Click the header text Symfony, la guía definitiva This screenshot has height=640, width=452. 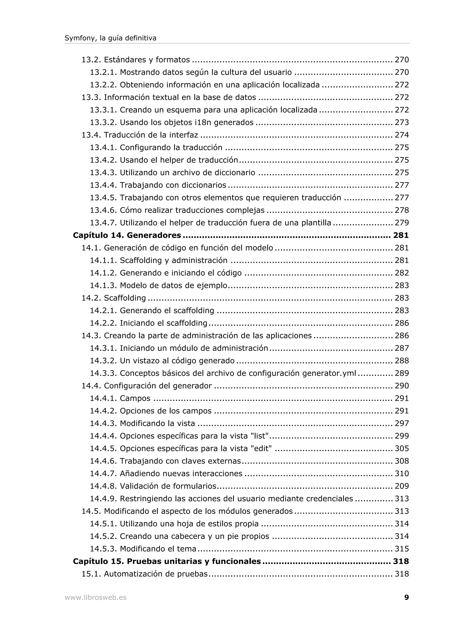pyautogui.click(x=110, y=38)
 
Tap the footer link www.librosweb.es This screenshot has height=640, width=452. pyautogui.click(x=95, y=597)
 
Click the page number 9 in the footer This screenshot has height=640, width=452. pyautogui.click(x=406, y=597)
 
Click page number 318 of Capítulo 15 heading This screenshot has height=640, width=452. pyautogui.click(x=401, y=561)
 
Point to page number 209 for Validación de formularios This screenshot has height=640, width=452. pyautogui.click(x=402, y=486)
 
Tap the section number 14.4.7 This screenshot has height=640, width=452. pyautogui.click(x=103, y=473)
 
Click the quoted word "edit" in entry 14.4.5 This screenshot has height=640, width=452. pyautogui.click(x=261, y=448)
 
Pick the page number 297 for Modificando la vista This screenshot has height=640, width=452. pyautogui.click(x=402, y=423)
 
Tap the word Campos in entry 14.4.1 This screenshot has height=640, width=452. pyautogui.click(x=135, y=398)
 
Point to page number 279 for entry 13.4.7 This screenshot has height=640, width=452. pyautogui.click(x=402, y=223)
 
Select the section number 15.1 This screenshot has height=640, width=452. pyautogui.click(x=91, y=574)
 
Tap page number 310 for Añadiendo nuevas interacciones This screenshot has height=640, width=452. pyautogui.click(x=402, y=473)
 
